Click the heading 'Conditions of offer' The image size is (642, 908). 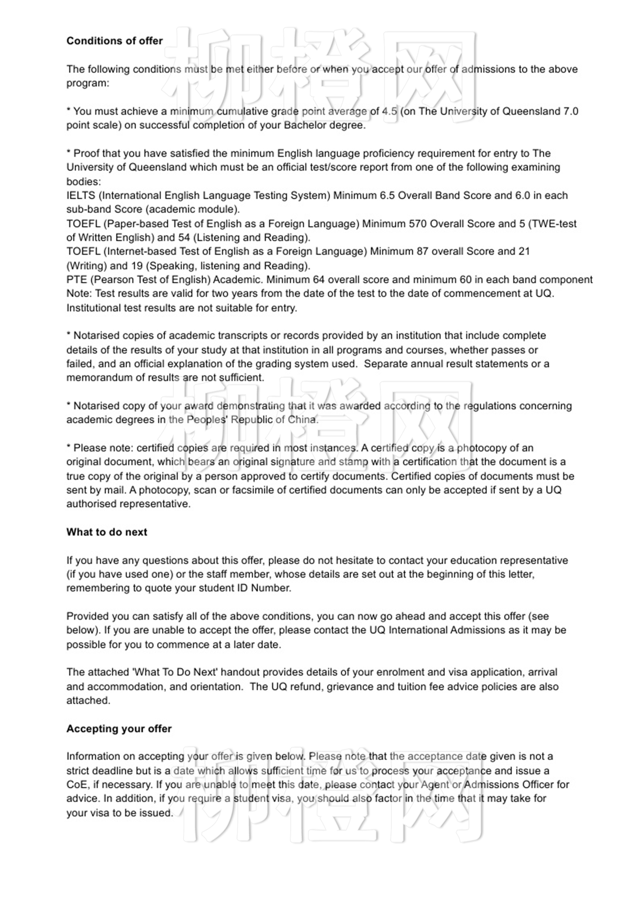(x=115, y=41)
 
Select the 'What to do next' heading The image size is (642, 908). (x=107, y=532)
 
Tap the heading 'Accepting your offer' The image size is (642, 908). (x=119, y=729)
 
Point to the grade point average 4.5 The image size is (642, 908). (x=389, y=111)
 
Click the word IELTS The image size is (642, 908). (x=81, y=196)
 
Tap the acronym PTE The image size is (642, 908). (x=77, y=280)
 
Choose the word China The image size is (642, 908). (x=302, y=420)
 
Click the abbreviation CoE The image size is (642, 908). (x=77, y=785)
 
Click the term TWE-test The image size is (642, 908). (x=553, y=224)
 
